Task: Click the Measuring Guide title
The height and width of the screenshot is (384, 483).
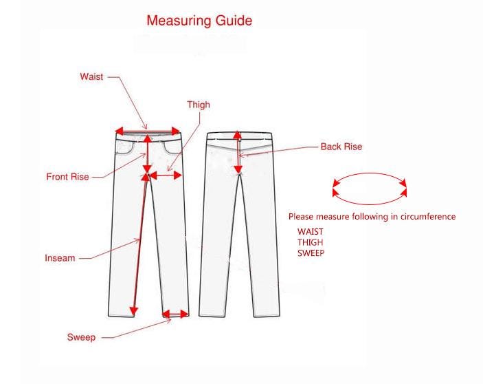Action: click(199, 21)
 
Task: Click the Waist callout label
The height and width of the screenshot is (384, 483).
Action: click(91, 76)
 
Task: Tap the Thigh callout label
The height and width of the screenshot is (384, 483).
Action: click(199, 105)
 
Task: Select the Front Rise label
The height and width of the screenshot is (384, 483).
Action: click(67, 177)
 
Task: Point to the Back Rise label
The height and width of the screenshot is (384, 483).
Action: click(341, 147)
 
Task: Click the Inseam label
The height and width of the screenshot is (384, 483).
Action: click(60, 258)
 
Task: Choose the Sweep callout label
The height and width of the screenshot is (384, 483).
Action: click(81, 337)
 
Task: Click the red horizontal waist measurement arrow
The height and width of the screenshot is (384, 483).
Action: click(148, 131)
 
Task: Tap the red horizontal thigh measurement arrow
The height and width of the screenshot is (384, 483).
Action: click(166, 175)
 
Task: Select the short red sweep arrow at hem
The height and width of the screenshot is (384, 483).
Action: click(175, 314)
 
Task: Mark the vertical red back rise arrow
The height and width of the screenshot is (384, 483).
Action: click(238, 153)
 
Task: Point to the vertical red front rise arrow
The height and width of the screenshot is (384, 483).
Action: click(148, 154)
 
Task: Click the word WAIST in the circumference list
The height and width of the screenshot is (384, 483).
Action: click(310, 232)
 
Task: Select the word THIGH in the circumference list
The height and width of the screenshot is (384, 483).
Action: click(310, 242)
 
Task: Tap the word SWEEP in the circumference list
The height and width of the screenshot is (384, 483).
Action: click(311, 253)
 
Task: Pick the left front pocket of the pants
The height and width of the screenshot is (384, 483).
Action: click(125, 147)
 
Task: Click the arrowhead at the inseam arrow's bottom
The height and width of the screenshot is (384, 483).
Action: click(133, 312)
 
